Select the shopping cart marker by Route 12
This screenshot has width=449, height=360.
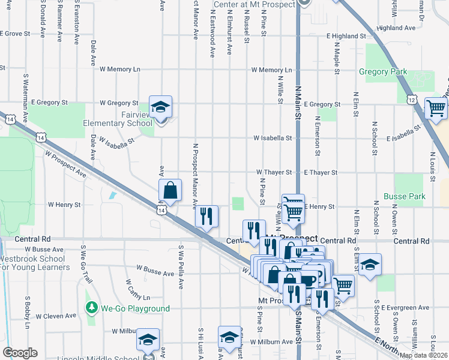pyautogui.click(x=435, y=109)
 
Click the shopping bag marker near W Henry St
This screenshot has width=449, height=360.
pyautogui.click(x=170, y=190)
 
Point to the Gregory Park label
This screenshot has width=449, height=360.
pyautogui.click(x=383, y=72)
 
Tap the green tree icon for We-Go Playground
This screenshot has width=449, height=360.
pyautogui.click(x=91, y=308)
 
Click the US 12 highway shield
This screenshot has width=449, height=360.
pyautogui.click(x=411, y=98)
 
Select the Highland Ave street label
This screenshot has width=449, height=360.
pyautogui.click(x=397, y=28)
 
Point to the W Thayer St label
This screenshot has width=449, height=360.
pyautogui.click(x=274, y=172)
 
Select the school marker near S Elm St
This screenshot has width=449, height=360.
pyautogui.click(x=370, y=265)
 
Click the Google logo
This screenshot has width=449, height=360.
pyautogui.click(x=20, y=353)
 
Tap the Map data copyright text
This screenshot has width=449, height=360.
pyautogui.click(x=424, y=355)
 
